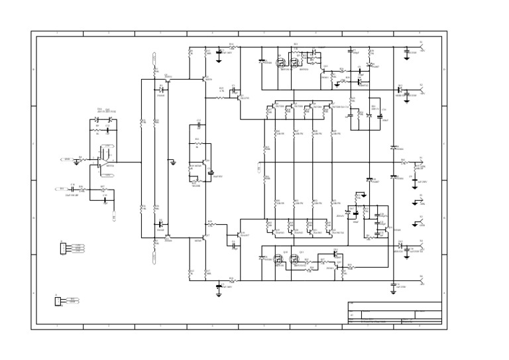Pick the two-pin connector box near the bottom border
(x=58, y=301)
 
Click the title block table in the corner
(x=394, y=313)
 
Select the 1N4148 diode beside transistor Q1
(x=161, y=90)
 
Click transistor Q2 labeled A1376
(x=204, y=79)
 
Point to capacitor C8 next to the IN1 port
(x=72, y=189)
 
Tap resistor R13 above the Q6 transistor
(x=197, y=143)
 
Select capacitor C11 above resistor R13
(x=198, y=125)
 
